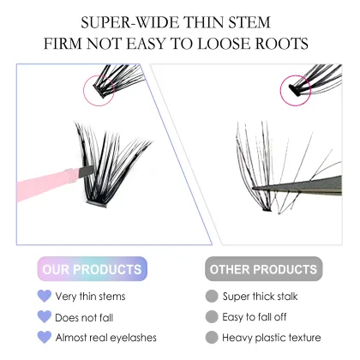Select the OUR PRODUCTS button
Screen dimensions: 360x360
[x=93, y=269]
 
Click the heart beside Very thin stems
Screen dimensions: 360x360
[x=44, y=297]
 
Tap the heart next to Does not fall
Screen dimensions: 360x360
[x=44, y=317]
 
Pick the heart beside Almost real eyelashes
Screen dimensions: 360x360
[x=44, y=338]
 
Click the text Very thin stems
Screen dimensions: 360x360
[x=90, y=297]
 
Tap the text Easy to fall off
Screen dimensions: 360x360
[x=261, y=317]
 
